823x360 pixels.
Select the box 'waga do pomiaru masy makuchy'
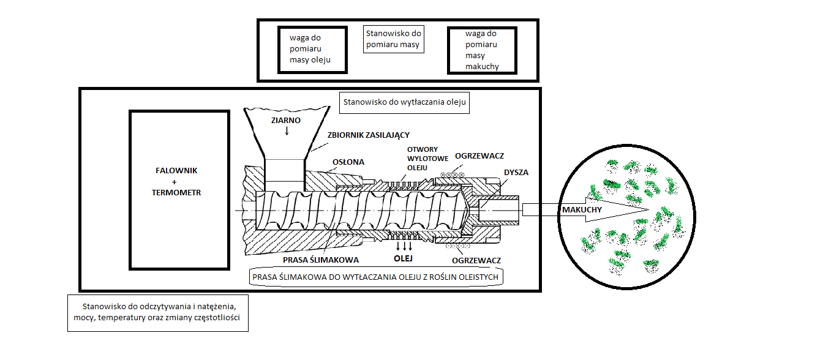coord(482,50)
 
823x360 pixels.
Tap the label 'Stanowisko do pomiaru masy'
coord(393,39)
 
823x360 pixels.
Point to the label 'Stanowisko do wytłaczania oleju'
coord(405,103)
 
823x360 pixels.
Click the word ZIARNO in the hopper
coord(286,120)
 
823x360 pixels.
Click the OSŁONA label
coord(348,162)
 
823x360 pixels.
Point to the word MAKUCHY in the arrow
coord(581,210)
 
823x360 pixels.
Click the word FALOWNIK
coord(176,171)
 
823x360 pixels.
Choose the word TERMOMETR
coord(176,192)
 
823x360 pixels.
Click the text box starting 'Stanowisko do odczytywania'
coord(158,312)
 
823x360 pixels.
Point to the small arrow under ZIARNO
coord(287,130)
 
